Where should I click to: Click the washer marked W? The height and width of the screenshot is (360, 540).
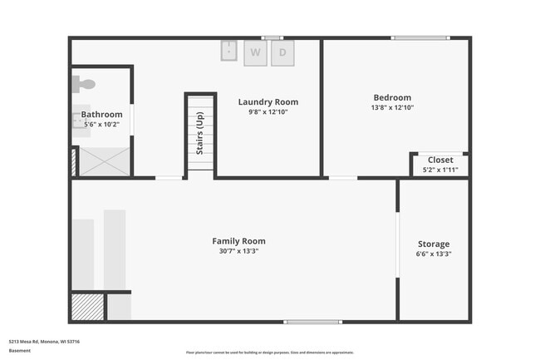(255, 52)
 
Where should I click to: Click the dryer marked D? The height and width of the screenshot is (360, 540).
(282, 52)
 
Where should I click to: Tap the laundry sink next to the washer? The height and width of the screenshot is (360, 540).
(230, 51)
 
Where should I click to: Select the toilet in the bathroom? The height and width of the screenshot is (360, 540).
(83, 83)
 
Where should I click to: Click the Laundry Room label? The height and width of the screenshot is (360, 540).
(268, 102)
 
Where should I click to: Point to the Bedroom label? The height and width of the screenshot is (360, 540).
(392, 97)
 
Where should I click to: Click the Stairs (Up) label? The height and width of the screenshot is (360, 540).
(199, 133)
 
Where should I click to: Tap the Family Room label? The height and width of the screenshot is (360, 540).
(238, 241)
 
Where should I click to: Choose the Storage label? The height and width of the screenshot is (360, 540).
(434, 244)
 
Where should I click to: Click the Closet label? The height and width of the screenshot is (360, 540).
(440, 160)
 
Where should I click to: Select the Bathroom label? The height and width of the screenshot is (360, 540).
(101, 114)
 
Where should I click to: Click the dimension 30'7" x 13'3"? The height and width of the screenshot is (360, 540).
(238, 251)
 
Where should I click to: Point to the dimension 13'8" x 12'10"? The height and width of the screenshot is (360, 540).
(392, 107)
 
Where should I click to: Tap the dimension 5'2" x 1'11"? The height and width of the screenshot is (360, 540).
(440, 170)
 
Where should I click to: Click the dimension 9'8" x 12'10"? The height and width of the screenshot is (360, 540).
(268, 112)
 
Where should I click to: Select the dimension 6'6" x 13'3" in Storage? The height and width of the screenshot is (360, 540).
(434, 254)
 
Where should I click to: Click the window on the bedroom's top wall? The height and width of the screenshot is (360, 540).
(415, 37)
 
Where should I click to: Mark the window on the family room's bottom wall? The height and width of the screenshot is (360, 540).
(312, 322)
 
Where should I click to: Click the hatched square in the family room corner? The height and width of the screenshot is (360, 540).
(87, 308)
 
